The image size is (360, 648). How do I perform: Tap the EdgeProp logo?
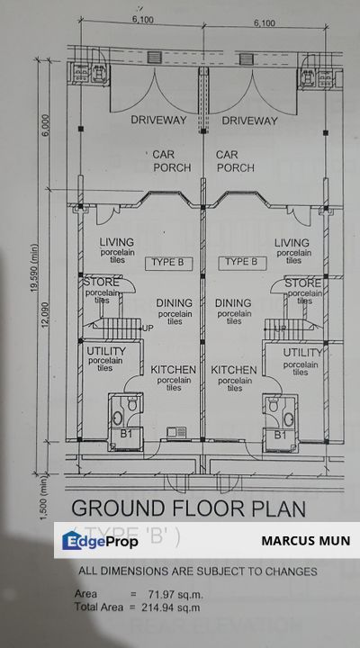100,541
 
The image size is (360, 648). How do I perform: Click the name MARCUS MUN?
305,542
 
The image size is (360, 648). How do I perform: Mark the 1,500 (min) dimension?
34,499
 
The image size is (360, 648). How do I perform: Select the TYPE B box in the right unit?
240,263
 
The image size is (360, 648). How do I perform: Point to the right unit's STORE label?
302,283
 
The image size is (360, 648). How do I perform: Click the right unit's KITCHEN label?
234,370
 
